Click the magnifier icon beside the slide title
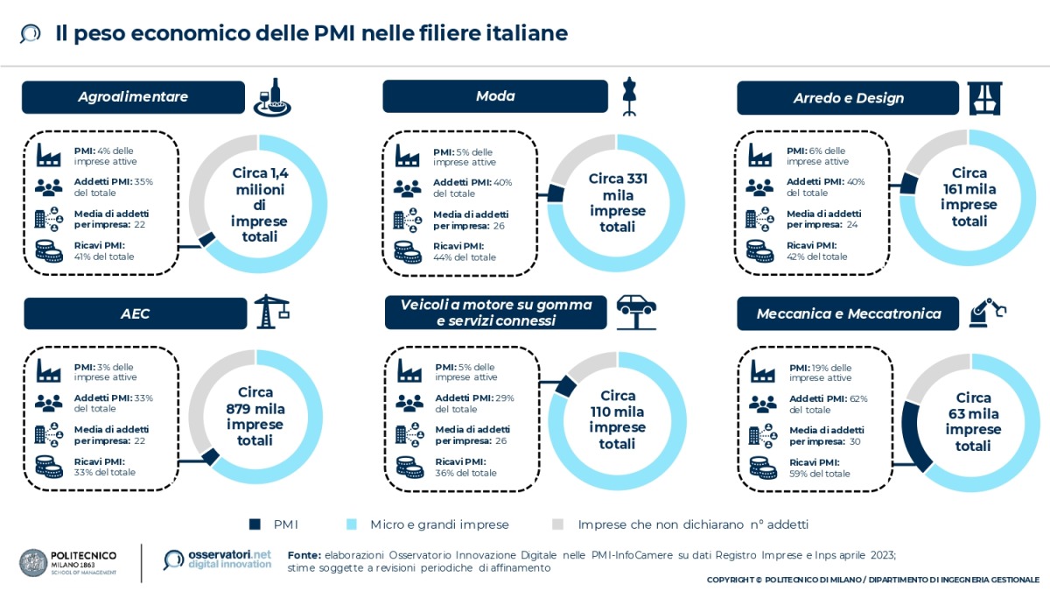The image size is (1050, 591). pyautogui.click(x=31, y=33)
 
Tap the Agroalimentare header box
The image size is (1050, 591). pyautogui.click(x=133, y=97)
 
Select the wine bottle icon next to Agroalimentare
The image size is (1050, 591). pyautogui.click(x=272, y=96)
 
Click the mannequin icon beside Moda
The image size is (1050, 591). pyautogui.click(x=627, y=96)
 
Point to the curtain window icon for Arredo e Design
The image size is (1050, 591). pyautogui.click(x=986, y=97)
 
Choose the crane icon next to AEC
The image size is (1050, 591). pyautogui.click(x=270, y=312)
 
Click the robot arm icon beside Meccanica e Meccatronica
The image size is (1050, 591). pyautogui.click(x=989, y=311)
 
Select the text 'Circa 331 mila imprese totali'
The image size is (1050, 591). pyautogui.click(x=618, y=202)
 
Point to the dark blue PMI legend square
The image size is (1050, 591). pyautogui.click(x=255, y=524)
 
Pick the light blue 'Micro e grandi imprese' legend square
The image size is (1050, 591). pyautogui.click(x=352, y=524)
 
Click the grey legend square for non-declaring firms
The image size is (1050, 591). pyautogui.click(x=557, y=524)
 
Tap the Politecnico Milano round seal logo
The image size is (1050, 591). pyautogui.click(x=34, y=562)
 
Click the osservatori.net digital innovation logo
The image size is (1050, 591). pyautogui.click(x=218, y=560)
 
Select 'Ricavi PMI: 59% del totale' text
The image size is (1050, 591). pyautogui.click(x=819, y=468)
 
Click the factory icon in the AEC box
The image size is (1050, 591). pyautogui.click(x=49, y=371)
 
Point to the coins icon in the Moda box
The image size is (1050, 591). pyautogui.click(x=408, y=251)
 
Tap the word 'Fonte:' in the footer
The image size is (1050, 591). pyautogui.click(x=304, y=555)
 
